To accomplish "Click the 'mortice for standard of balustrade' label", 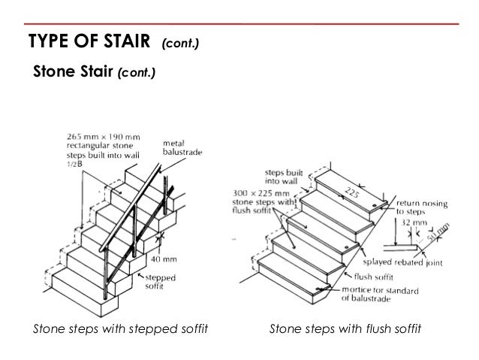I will coord(378,292).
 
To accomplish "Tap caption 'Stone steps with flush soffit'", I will coord(345,329).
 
